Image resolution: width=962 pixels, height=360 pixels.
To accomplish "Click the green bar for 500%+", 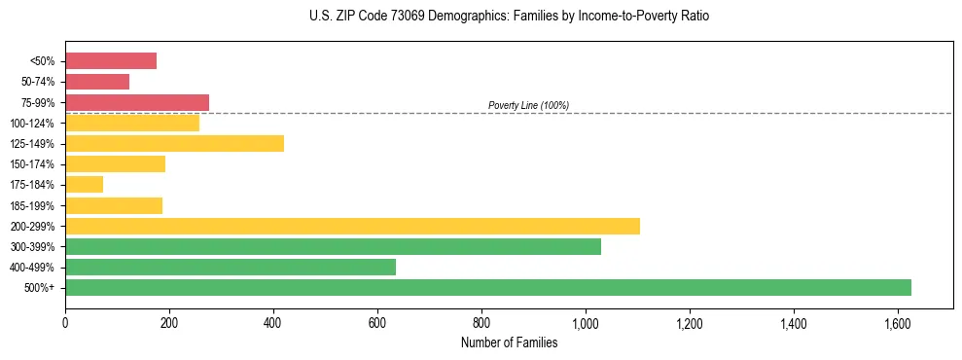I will click(487, 287).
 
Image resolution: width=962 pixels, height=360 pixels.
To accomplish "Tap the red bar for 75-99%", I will click(137, 102).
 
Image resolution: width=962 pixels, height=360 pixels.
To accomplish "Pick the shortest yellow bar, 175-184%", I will click(84, 184).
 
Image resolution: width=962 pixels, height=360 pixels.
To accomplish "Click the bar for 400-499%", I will click(231, 267).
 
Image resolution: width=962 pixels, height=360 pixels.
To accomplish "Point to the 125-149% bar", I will click(174, 143).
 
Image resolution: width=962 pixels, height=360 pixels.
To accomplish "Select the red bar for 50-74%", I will click(97, 82).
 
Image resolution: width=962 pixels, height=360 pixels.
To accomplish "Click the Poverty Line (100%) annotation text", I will click(528, 105).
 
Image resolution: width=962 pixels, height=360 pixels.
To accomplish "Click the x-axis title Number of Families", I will click(509, 342).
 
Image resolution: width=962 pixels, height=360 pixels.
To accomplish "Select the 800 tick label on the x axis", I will click(481, 321).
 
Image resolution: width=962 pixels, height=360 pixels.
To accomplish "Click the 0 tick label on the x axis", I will click(65, 321).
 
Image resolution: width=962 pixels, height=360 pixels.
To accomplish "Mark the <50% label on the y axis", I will click(42, 61).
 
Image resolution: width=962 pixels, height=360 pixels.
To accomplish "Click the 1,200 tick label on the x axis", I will click(689, 321).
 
